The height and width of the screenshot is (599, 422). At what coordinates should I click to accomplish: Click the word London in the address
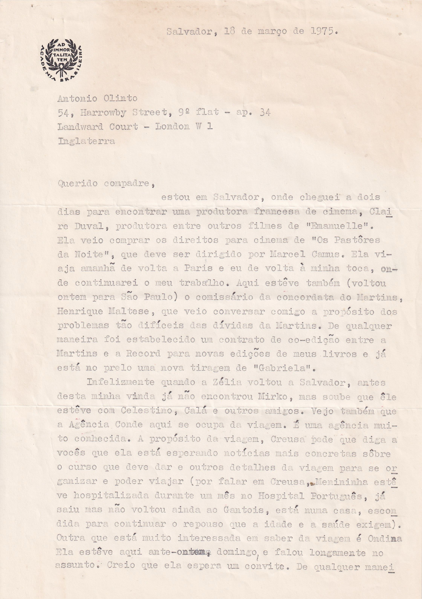coord(172,127)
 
